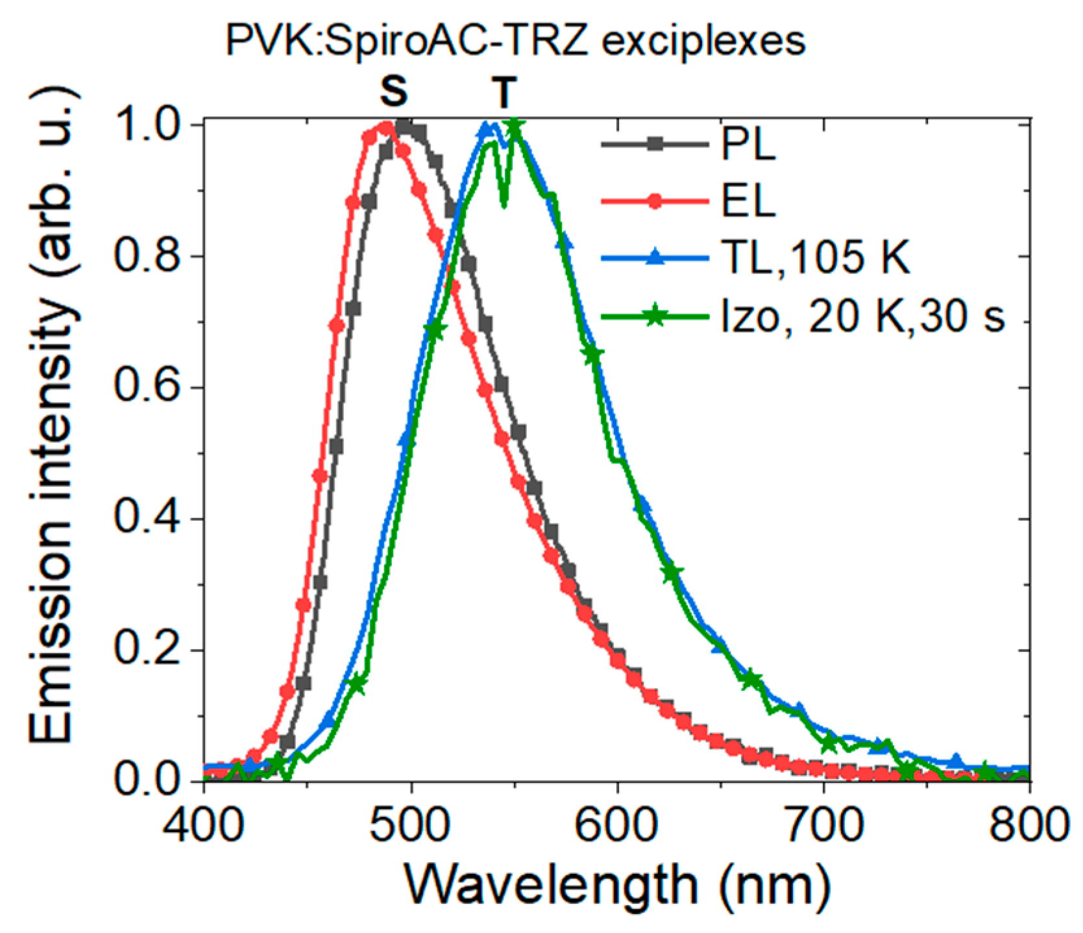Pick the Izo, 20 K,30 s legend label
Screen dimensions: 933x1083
[864, 317]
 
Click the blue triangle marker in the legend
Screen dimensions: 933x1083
[655, 258]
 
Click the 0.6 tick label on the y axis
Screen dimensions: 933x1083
[149, 388]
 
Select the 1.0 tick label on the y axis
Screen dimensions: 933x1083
[149, 125]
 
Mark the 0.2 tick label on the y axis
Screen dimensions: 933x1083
[149, 650]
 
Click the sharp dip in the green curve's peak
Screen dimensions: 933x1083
[504, 205]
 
